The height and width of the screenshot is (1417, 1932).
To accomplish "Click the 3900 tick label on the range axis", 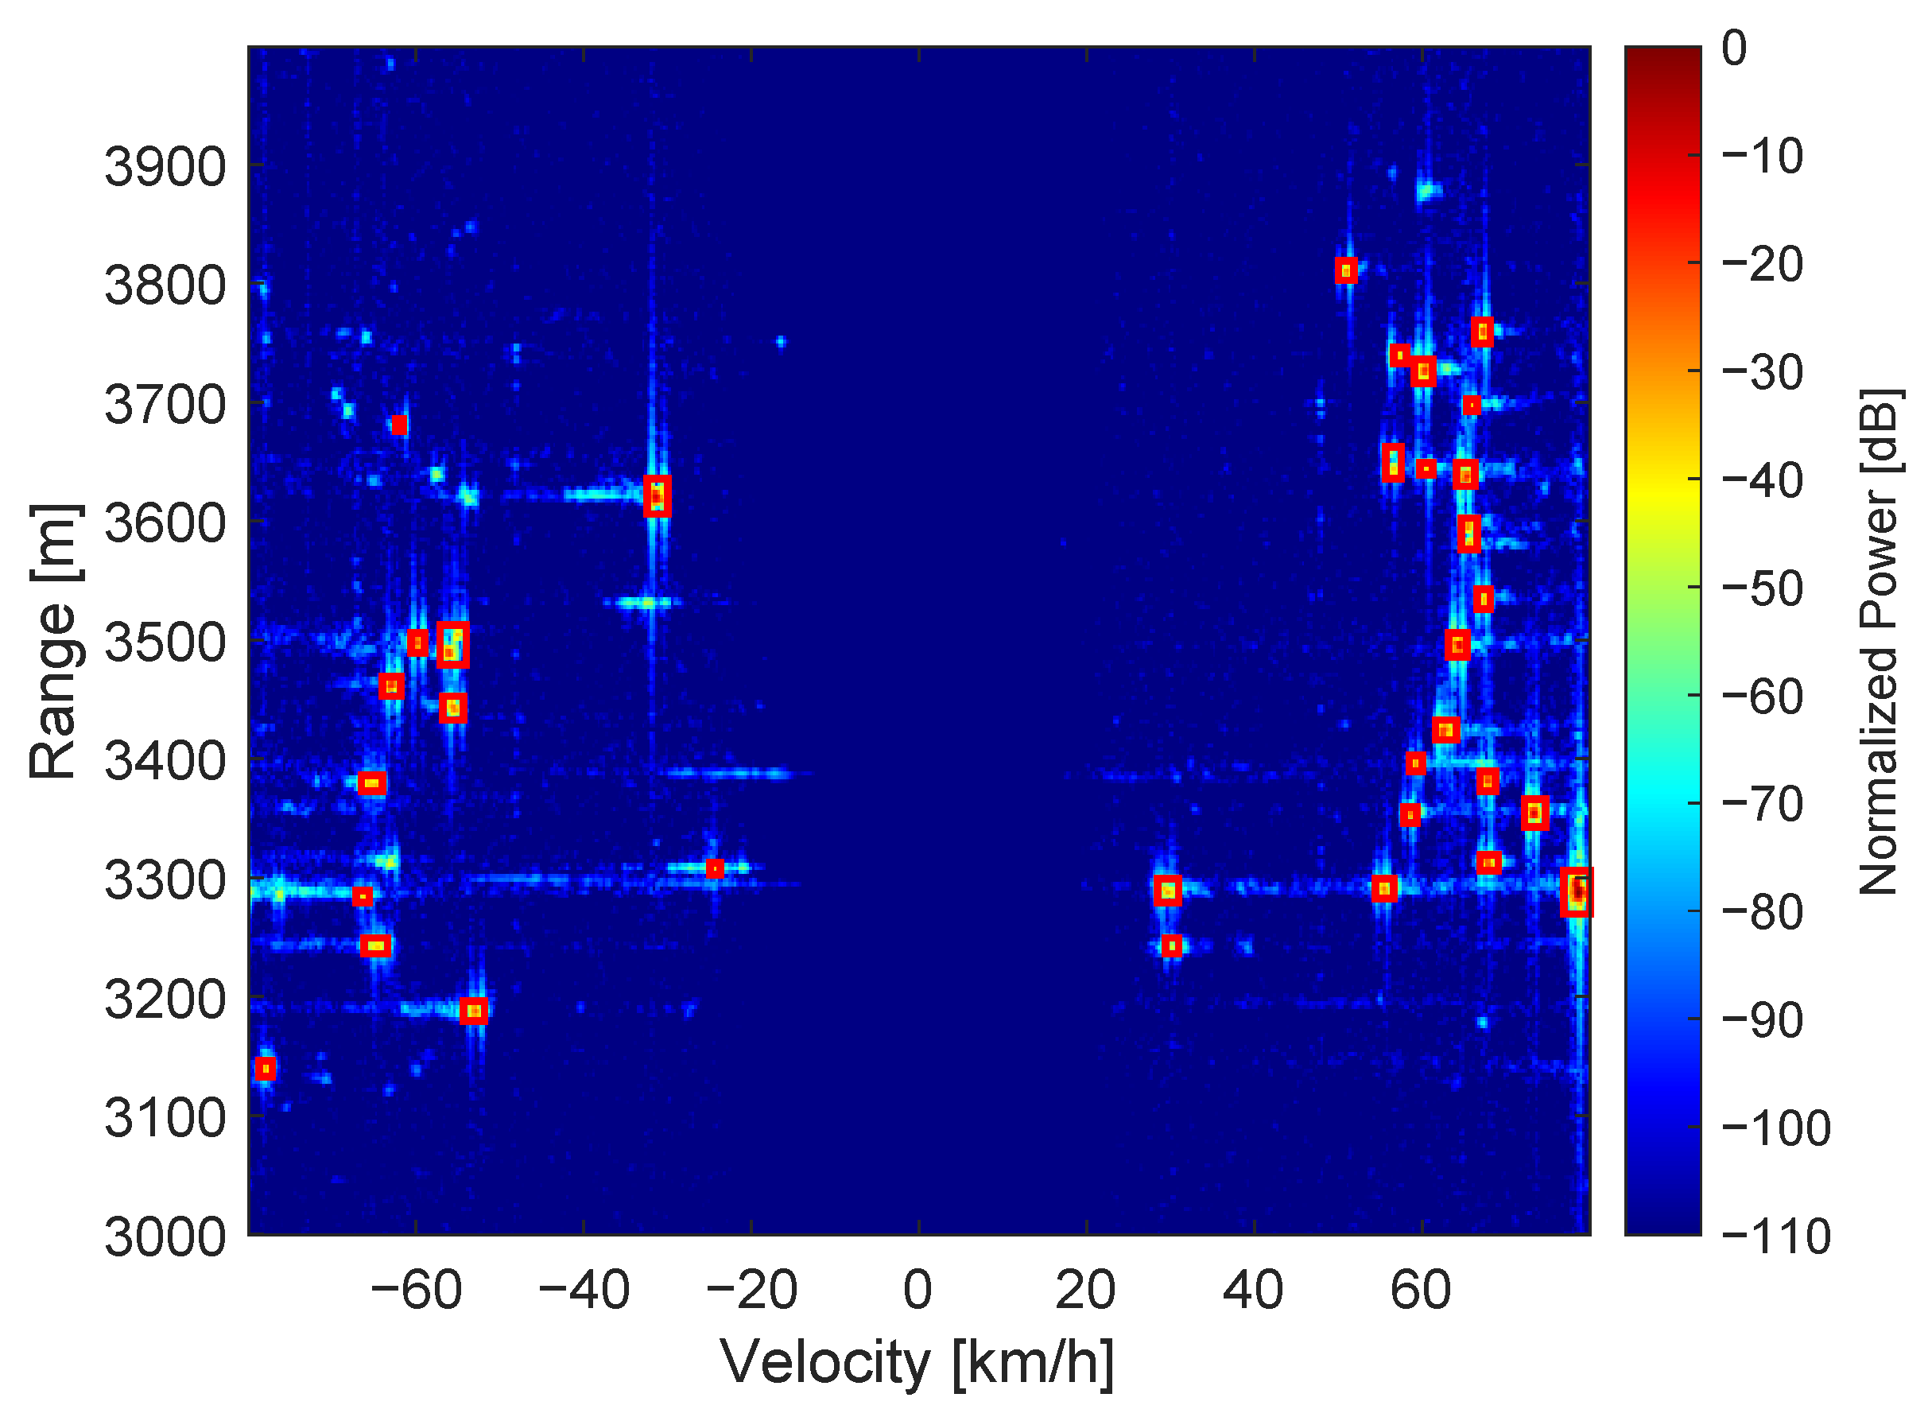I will click(165, 167).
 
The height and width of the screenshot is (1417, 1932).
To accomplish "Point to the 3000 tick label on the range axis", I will click(165, 1239).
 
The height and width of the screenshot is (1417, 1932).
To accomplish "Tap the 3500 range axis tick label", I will click(165, 643).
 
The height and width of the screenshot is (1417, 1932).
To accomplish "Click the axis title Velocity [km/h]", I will click(917, 1363).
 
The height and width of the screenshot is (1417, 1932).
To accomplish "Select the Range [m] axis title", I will click(53, 642).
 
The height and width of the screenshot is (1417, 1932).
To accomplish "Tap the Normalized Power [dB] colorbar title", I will click(1879, 642).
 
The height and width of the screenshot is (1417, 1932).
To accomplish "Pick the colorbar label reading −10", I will click(1762, 157).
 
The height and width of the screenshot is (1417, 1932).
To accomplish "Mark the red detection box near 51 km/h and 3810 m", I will click(1346, 271).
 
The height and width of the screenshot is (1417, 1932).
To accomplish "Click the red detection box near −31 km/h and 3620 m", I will click(657, 495).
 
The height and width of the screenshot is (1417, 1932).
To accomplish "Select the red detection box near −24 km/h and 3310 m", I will click(716, 869).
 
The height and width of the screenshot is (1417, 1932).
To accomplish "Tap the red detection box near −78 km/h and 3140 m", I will click(266, 1070).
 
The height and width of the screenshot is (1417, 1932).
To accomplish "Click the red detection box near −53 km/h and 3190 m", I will click(474, 1011).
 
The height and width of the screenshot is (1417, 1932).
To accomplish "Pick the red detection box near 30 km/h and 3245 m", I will click(1171, 946).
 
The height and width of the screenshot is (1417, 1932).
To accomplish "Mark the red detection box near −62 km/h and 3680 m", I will click(400, 425).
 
